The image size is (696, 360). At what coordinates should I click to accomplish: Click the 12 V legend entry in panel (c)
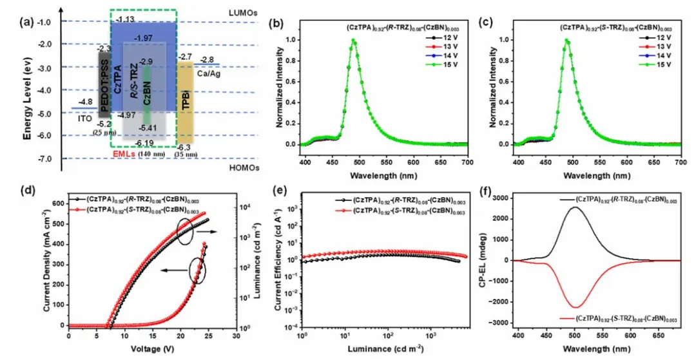[x=646, y=38]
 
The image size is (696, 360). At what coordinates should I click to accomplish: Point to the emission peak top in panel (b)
[x=353, y=41]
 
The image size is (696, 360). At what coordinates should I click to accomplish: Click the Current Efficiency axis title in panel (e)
[x=278, y=261]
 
